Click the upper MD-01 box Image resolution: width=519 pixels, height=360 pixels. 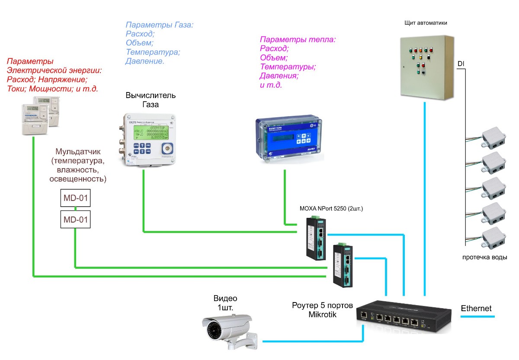[76, 199]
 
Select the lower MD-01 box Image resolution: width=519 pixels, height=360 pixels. [76, 220]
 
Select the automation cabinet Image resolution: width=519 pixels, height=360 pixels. [426, 67]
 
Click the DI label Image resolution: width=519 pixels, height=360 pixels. [461, 64]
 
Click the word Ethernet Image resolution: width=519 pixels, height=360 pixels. [476, 309]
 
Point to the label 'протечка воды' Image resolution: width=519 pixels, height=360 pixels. [484, 258]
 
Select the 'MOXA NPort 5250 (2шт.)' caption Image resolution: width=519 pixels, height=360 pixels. [331, 208]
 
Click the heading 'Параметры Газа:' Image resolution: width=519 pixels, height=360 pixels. [159, 25]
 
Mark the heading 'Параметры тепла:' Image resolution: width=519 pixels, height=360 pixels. [298, 40]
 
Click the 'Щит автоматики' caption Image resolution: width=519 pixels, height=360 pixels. [426, 23]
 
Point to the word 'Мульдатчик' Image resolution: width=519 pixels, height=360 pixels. [78, 152]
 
